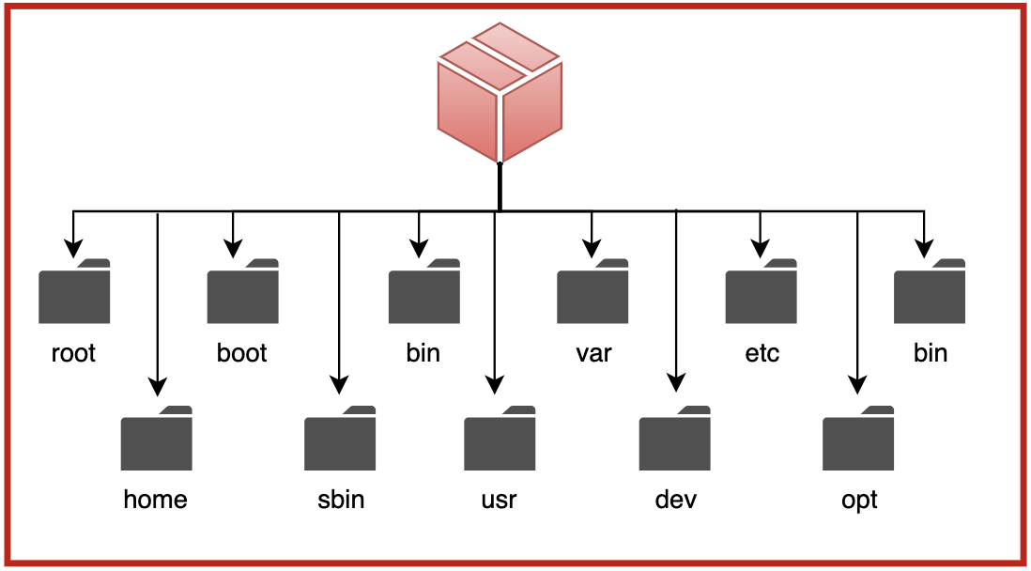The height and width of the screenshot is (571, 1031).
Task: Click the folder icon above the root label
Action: point(74,292)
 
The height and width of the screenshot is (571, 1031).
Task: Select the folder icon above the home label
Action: point(157,439)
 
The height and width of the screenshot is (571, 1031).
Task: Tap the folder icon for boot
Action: point(242,292)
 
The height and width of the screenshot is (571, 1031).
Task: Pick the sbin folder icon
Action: point(340,439)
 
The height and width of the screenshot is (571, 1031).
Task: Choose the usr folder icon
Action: point(500,439)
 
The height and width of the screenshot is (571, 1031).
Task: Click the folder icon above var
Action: point(592,292)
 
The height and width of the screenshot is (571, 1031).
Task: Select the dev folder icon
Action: point(675,439)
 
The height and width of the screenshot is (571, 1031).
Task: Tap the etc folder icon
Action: point(761,292)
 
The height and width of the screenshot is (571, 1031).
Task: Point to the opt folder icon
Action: point(858,439)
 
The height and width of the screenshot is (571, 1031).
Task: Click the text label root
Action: point(74,353)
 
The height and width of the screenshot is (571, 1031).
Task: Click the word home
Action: point(156,499)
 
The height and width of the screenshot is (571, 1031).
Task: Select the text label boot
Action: point(242,353)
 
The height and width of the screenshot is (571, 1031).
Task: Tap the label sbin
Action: point(340,499)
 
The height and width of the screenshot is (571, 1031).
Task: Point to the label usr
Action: point(499,499)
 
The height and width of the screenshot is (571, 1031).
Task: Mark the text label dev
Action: point(676,499)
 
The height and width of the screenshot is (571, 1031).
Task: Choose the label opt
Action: point(859,500)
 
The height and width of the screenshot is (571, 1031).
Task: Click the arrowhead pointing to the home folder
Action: point(158,386)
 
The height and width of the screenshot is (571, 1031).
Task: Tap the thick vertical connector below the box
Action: point(500,186)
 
